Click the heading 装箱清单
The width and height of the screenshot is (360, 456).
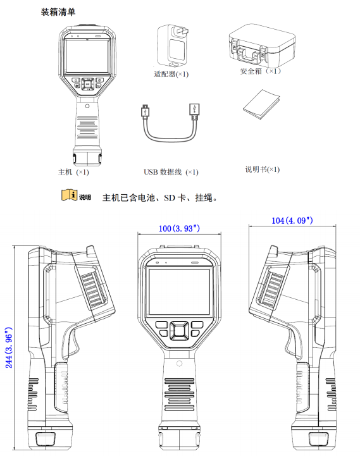(x=58, y=11)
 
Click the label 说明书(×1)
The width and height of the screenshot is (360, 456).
(x=262, y=169)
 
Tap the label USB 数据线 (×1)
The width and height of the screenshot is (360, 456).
(x=171, y=172)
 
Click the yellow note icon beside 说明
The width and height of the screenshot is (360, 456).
(x=68, y=196)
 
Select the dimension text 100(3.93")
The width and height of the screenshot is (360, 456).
(x=179, y=227)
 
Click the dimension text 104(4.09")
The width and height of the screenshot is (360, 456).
(x=292, y=221)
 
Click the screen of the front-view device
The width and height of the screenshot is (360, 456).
(x=179, y=291)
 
